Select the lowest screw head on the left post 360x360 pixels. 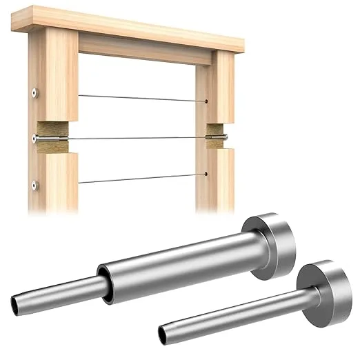34,184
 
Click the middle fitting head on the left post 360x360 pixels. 34,139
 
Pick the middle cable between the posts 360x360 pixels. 138,138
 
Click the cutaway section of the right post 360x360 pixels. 215,138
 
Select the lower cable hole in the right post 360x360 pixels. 206,174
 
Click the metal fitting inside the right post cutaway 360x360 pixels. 216,138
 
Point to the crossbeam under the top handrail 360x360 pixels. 145,48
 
